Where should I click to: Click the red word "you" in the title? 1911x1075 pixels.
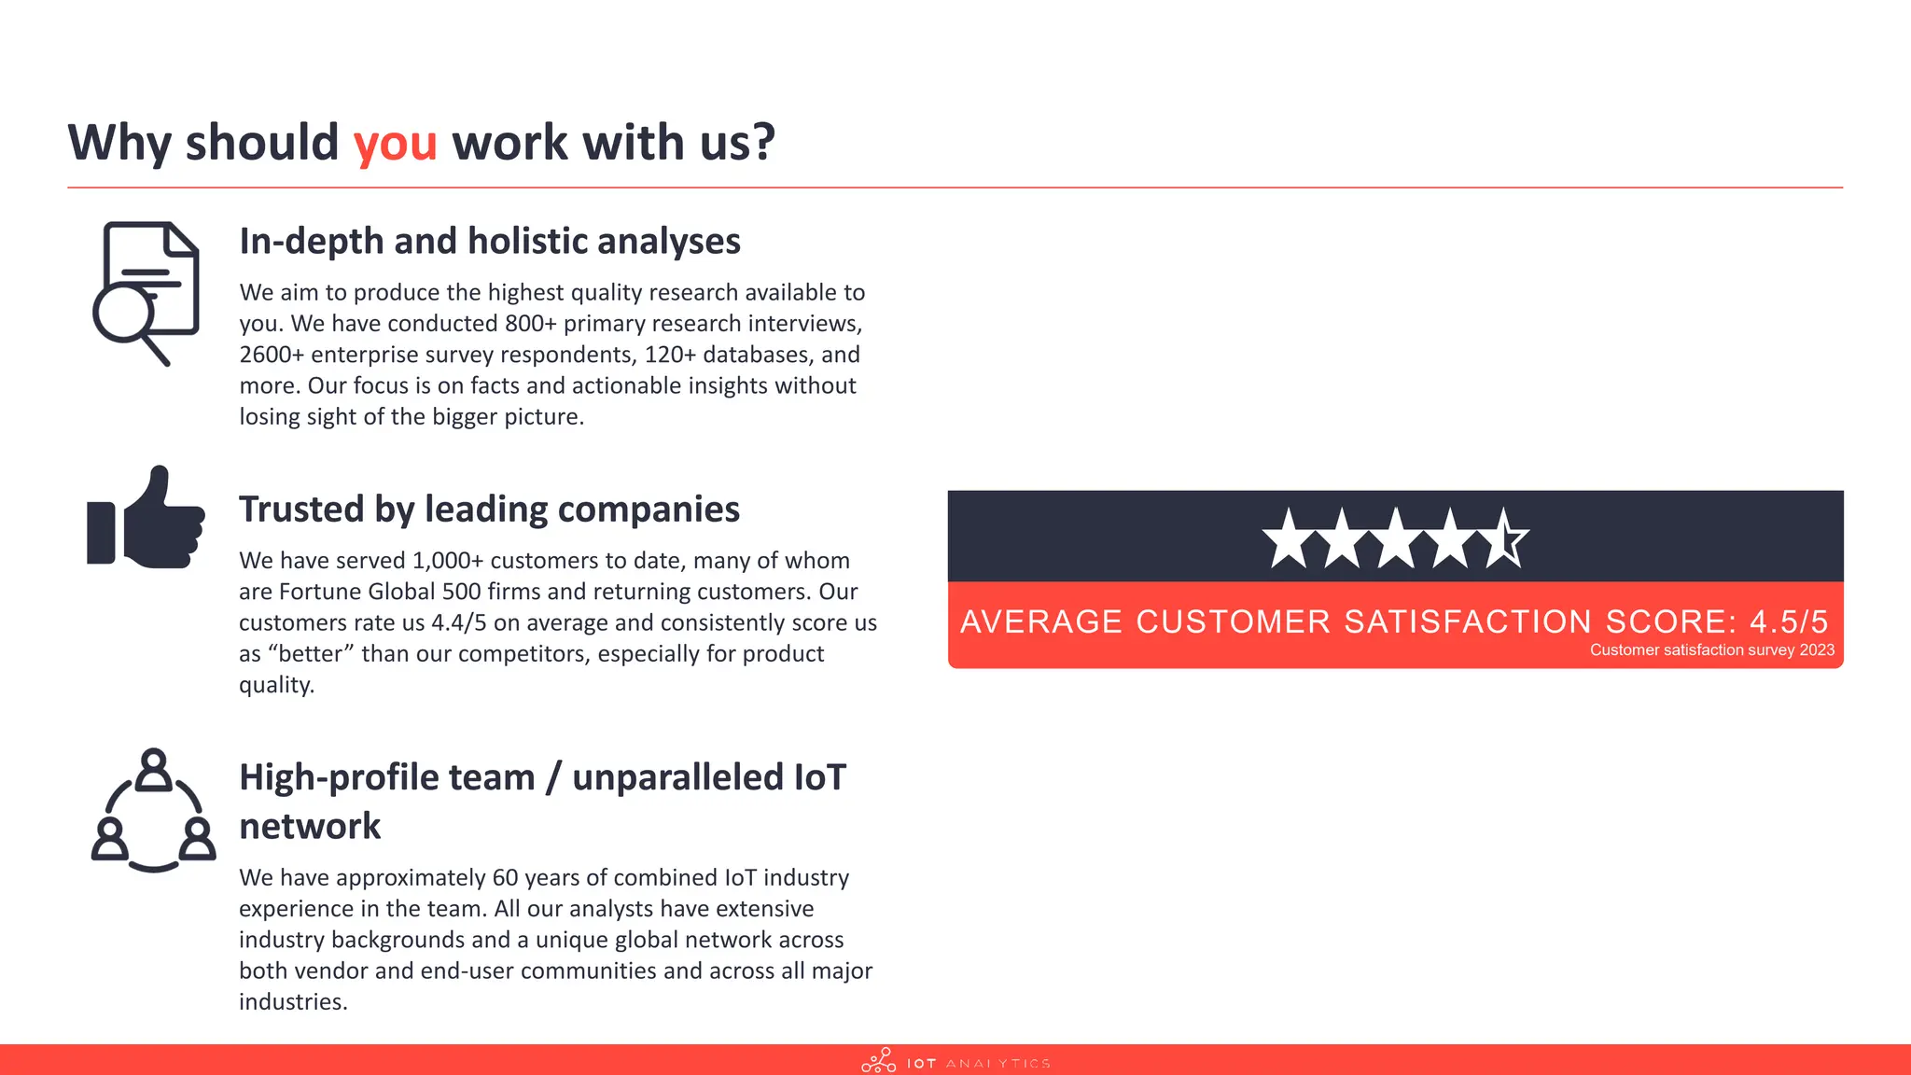click(395, 144)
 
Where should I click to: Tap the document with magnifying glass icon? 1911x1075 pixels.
click(146, 292)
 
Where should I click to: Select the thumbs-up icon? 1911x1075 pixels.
click(146, 518)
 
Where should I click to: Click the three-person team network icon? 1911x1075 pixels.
click(154, 811)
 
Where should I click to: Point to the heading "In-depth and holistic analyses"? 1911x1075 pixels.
click(490, 241)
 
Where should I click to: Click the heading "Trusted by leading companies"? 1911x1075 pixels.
click(489, 510)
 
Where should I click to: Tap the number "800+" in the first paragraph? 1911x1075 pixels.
click(531, 324)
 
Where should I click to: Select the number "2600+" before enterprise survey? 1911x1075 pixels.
click(272, 355)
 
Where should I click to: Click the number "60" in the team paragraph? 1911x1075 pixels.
click(505, 878)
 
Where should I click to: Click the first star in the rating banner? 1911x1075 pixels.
click(1289, 539)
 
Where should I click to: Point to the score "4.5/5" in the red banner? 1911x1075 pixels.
click(1788, 621)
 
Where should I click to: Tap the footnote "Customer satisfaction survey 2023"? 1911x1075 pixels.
click(1711, 650)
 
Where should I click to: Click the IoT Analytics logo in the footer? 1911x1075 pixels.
click(955, 1062)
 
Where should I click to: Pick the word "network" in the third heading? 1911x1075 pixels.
click(310, 827)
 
